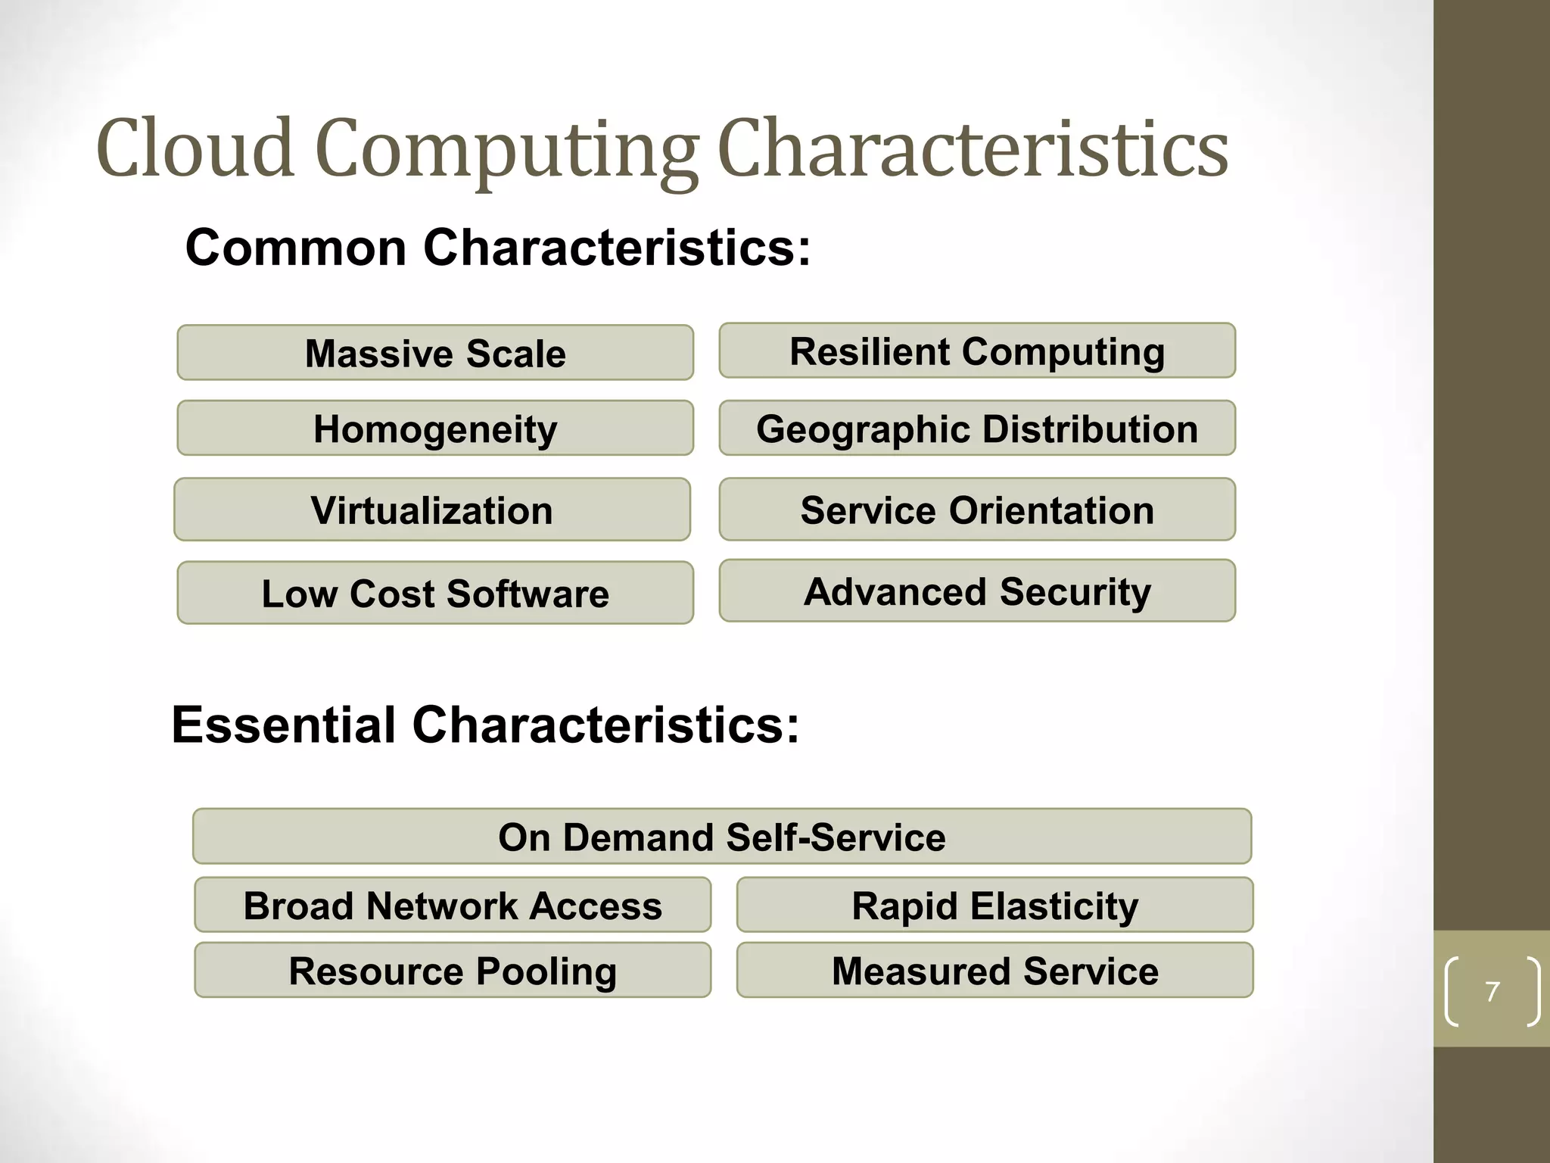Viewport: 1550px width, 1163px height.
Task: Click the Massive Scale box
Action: coord(435,353)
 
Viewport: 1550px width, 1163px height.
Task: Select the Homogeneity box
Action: coord(435,429)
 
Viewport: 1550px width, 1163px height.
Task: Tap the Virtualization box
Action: coord(431,510)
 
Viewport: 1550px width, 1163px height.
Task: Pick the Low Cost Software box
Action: coord(435,593)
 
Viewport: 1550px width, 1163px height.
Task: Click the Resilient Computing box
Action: coord(977,351)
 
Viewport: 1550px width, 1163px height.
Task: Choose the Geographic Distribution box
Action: coord(977,429)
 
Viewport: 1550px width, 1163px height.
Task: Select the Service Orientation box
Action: coord(977,510)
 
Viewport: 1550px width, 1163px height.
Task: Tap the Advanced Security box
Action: coord(977,591)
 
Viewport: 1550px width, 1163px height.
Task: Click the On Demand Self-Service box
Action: coord(722,837)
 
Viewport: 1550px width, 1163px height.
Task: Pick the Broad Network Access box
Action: coord(453,905)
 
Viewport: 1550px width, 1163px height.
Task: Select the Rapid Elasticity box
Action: coord(994,905)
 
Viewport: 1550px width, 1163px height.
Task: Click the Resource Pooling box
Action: coord(453,970)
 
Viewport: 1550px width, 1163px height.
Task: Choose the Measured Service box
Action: coord(994,970)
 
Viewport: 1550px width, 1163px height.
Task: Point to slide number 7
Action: coord(1492,991)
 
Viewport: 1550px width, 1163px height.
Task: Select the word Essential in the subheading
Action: coord(284,725)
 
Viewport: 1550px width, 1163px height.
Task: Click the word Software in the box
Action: coord(528,593)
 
